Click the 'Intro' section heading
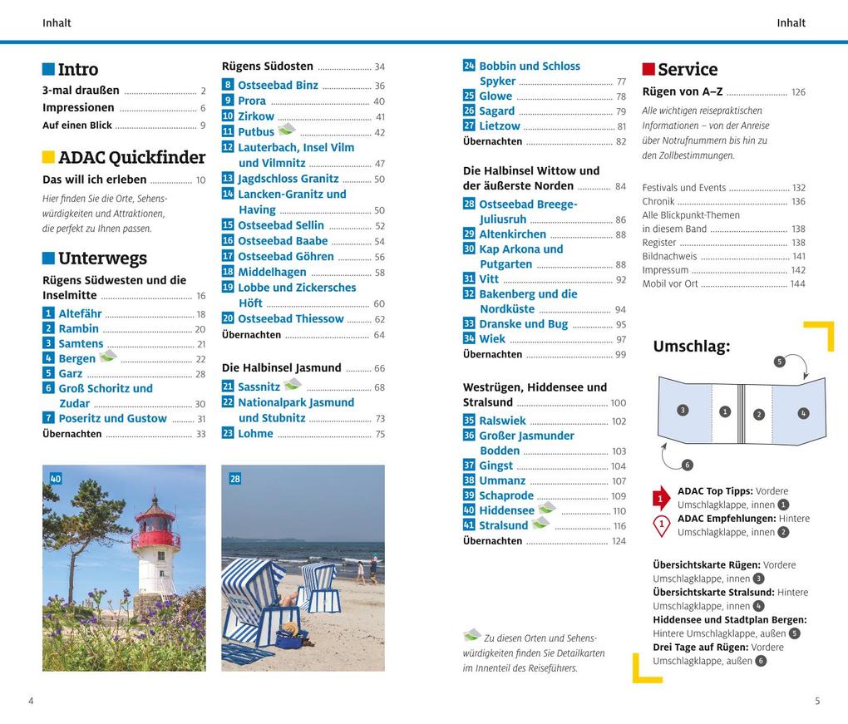coord(78,70)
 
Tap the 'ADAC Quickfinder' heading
coord(131,157)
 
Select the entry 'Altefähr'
coord(80,313)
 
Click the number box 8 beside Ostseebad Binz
coord(228,85)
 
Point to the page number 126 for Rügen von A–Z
coord(798,92)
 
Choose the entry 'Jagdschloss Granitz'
coord(288,179)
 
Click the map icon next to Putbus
coord(287,130)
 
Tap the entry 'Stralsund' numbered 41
coord(503,525)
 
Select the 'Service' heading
coord(688,70)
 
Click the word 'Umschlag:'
coord(691,347)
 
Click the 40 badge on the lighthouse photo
coord(56,478)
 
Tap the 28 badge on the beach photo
coord(234,478)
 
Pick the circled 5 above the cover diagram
coord(779,362)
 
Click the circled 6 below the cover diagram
coord(687,465)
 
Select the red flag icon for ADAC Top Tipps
coord(660,498)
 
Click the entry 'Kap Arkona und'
coord(520,249)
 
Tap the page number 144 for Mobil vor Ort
coord(797,284)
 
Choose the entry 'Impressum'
coord(665,270)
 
